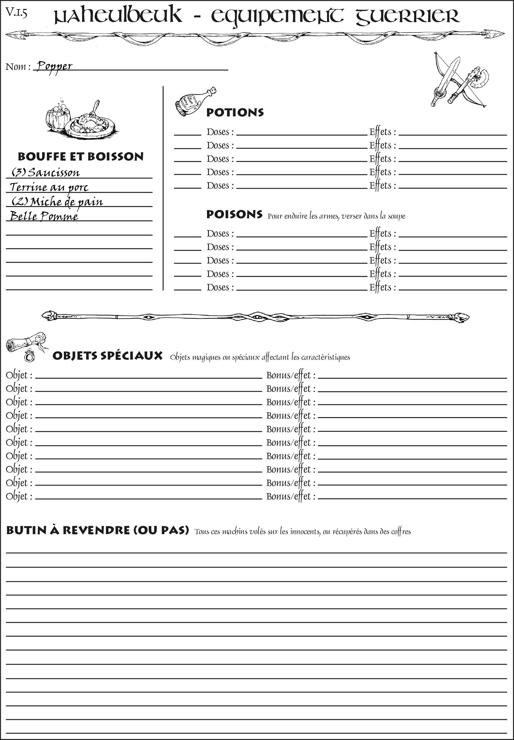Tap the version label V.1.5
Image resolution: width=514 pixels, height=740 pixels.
(16, 13)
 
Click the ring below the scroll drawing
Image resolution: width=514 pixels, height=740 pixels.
(30, 356)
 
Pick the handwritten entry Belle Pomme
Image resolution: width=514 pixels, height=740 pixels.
(44, 216)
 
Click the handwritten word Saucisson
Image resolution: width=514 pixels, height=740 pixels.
(53, 173)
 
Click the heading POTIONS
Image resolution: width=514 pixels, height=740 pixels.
(235, 112)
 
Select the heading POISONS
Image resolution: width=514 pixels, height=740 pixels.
(234, 215)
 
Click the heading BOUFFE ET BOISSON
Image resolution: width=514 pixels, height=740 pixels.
(81, 157)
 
